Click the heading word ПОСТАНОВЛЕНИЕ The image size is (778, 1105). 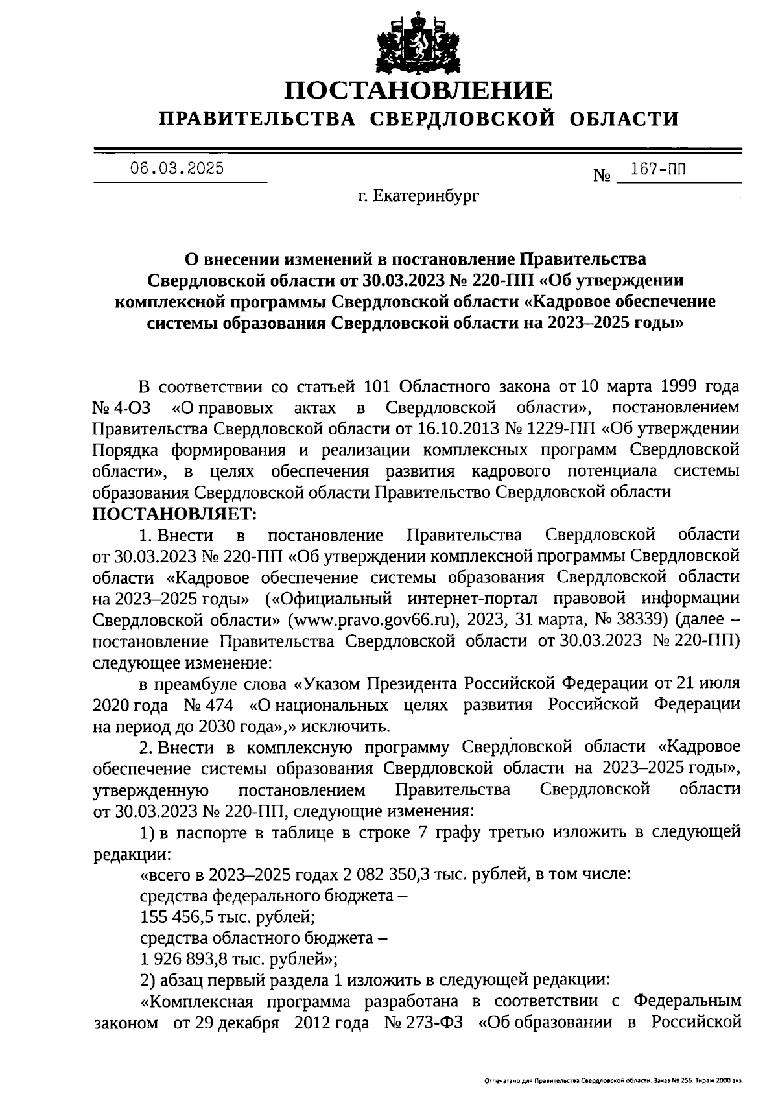pos(420,91)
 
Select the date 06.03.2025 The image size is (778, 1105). pos(176,169)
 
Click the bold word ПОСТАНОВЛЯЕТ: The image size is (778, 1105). pos(175,514)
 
